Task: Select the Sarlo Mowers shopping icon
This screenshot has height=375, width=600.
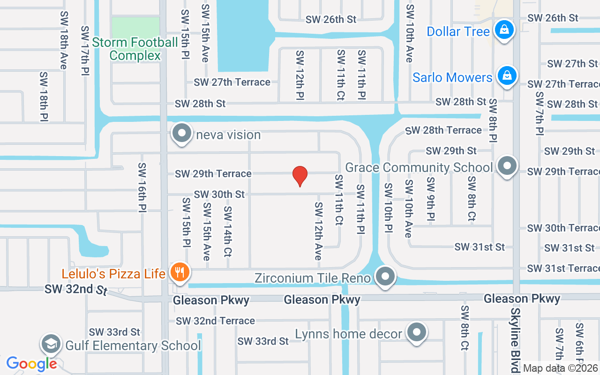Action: [507, 75]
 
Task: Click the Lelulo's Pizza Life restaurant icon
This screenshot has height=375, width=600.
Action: [179, 272]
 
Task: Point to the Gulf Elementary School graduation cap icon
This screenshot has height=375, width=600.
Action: [51, 344]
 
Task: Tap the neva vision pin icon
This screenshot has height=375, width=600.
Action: [182, 133]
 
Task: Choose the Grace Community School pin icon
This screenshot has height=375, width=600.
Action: [507, 166]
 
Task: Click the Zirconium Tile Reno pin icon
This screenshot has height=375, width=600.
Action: [385, 276]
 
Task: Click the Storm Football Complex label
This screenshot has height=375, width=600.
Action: [135, 49]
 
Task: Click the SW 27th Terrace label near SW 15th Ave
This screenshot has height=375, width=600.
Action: [232, 82]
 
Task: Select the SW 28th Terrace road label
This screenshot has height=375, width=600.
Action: [443, 130]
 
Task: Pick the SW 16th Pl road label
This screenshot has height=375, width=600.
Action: [142, 187]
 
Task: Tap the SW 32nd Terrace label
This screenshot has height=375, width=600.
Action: [216, 321]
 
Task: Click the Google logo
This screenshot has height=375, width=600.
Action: [31, 364]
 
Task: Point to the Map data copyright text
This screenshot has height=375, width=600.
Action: [561, 368]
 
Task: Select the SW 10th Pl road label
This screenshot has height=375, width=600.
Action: [388, 208]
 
